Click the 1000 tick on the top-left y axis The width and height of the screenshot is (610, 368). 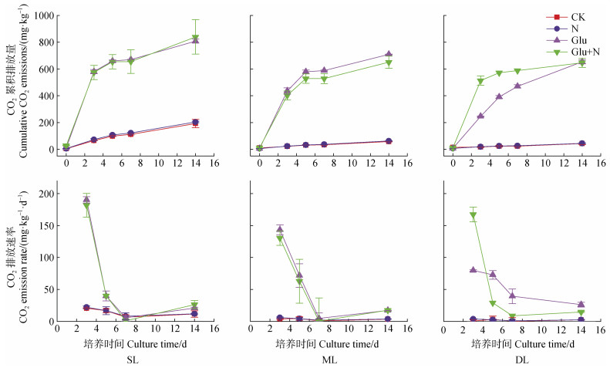click(x=42, y=16)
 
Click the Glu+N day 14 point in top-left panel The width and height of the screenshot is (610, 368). click(x=195, y=38)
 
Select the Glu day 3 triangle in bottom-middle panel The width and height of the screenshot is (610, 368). click(x=280, y=229)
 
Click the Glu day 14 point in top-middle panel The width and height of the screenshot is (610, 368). click(x=389, y=55)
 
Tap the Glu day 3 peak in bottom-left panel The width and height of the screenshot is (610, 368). click(x=86, y=200)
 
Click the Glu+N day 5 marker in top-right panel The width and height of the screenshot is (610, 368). click(x=499, y=73)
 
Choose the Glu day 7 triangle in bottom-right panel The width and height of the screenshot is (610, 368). click(x=512, y=295)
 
